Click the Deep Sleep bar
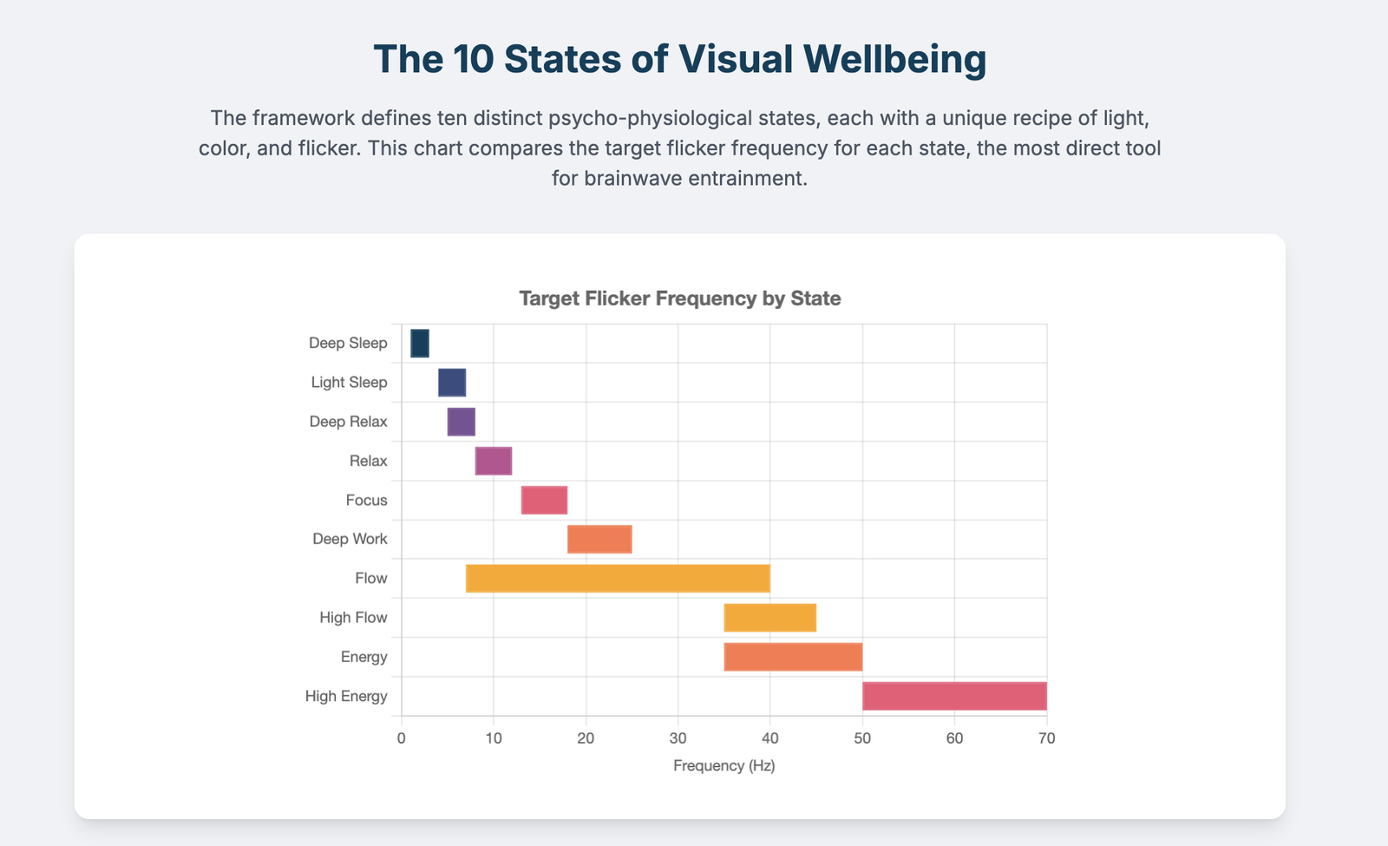(x=420, y=344)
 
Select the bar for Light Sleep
(x=452, y=383)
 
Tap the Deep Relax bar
(x=462, y=422)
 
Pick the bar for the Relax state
(x=494, y=461)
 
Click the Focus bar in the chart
(x=544, y=501)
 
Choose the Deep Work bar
(x=599, y=540)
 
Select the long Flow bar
(x=618, y=579)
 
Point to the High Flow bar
(x=770, y=618)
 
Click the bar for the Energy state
(x=793, y=657)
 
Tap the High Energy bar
(x=954, y=696)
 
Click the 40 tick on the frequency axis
(x=770, y=738)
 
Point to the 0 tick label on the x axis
(x=401, y=738)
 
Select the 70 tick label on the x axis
(x=1046, y=738)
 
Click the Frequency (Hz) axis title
(x=723, y=766)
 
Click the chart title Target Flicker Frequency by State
(x=680, y=298)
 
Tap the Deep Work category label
(x=350, y=540)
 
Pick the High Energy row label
(x=346, y=696)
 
